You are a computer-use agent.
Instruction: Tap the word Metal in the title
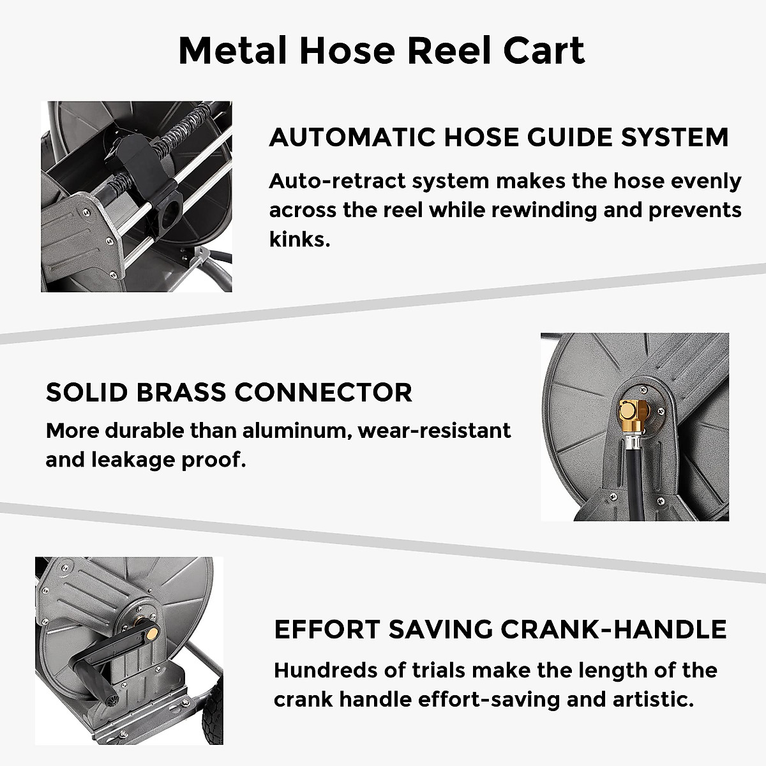pos(232,51)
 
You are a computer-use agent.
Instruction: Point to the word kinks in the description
pos(297,240)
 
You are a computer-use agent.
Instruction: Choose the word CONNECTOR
pos(324,392)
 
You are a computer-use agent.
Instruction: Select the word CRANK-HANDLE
pos(613,629)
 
